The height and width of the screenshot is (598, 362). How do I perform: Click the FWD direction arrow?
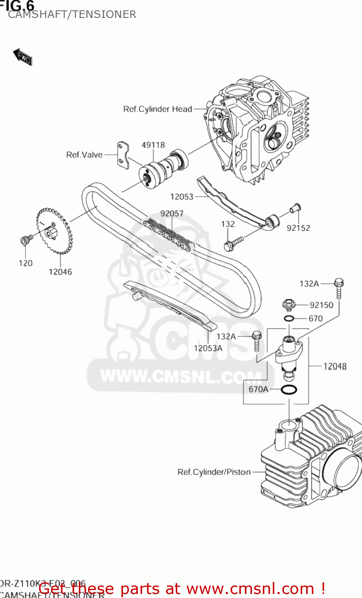22,57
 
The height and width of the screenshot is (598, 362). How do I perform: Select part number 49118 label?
153,145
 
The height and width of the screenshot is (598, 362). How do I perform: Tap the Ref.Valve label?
84,155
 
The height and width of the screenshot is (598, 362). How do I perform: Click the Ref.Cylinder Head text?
158,109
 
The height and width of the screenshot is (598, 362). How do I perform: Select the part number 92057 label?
172,214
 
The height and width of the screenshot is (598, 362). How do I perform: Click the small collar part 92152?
295,208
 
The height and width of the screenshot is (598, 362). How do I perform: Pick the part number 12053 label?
182,197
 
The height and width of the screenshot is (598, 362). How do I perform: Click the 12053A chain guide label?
208,348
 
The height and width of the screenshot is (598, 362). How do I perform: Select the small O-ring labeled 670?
290,318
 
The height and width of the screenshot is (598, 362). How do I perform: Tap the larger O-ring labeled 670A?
289,389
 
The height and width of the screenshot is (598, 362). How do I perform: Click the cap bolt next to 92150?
289,305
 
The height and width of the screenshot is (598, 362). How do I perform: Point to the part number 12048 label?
335,366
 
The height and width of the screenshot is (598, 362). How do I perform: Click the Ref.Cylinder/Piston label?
214,472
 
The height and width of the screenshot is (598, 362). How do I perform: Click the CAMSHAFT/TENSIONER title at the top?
72,14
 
